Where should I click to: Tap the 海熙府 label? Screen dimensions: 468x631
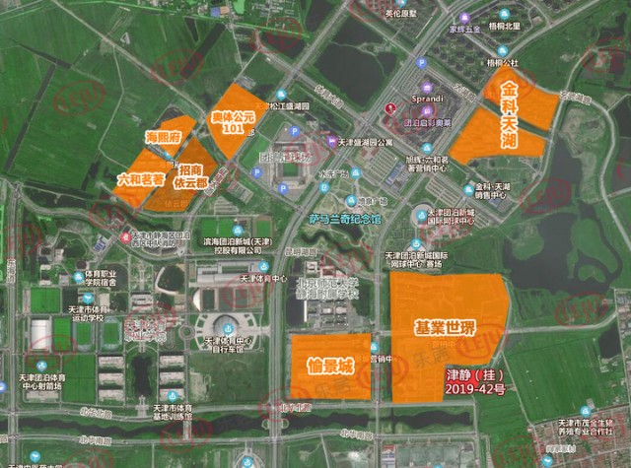coord(161,137)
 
